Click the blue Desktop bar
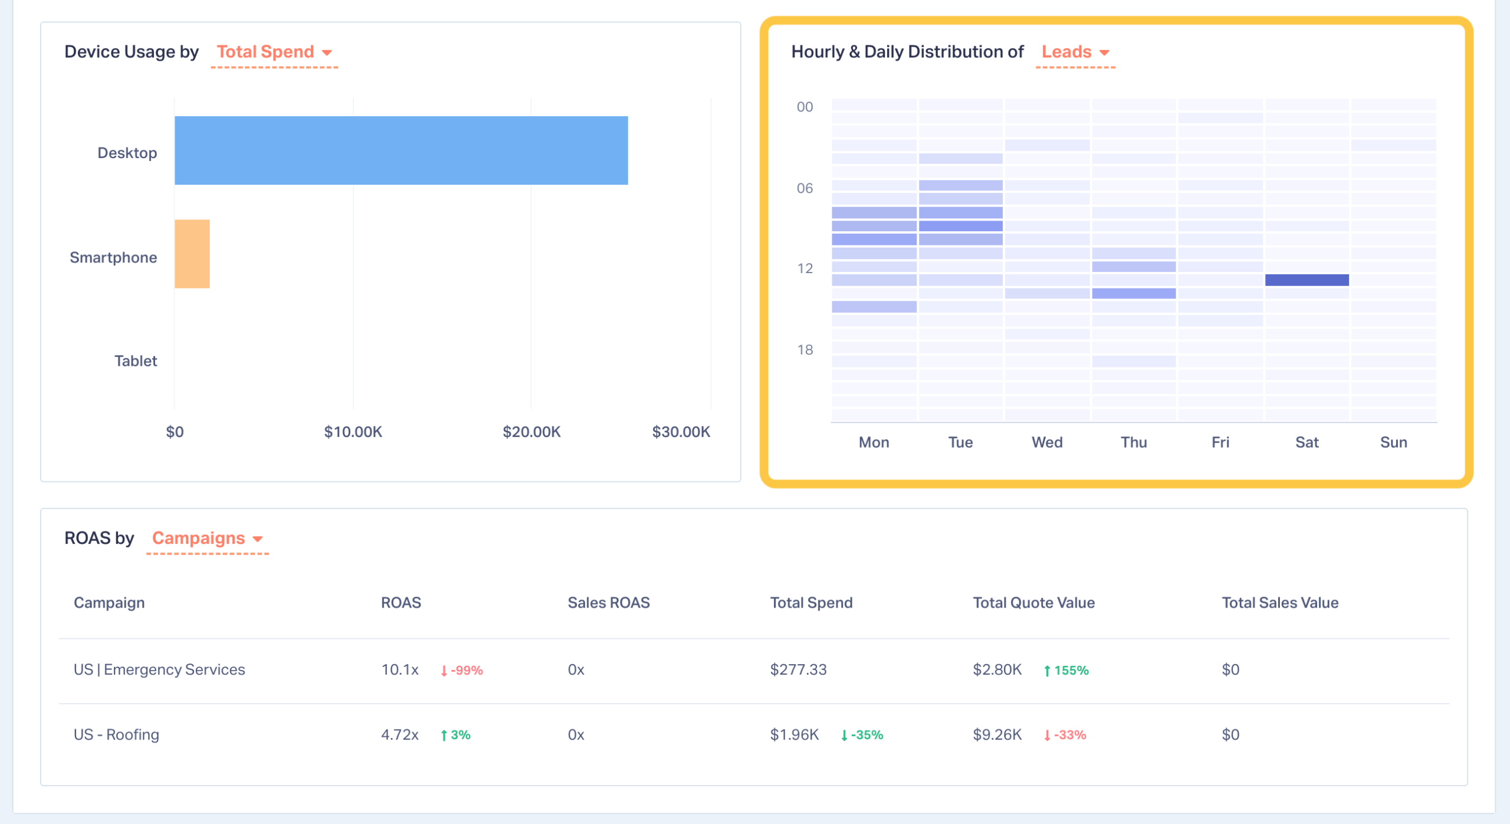point(401,150)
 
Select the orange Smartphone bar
point(192,254)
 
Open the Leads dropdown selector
point(1075,52)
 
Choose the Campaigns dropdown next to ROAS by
point(207,538)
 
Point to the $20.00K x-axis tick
point(531,432)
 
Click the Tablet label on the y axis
point(136,361)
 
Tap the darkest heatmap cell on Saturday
point(1307,280)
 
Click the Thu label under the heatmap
point(1134,442)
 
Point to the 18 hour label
point(805,350)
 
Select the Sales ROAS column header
point(609,602)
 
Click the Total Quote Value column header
point(1033,602)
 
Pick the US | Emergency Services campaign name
point(159,669)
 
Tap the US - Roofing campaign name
point(116,734)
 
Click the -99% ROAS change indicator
point(462,670)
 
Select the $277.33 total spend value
point(798,669)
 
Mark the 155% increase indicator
point(1066,670)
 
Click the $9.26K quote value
point(997,734)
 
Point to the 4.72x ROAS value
point(399,734)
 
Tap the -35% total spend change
point(862,735)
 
